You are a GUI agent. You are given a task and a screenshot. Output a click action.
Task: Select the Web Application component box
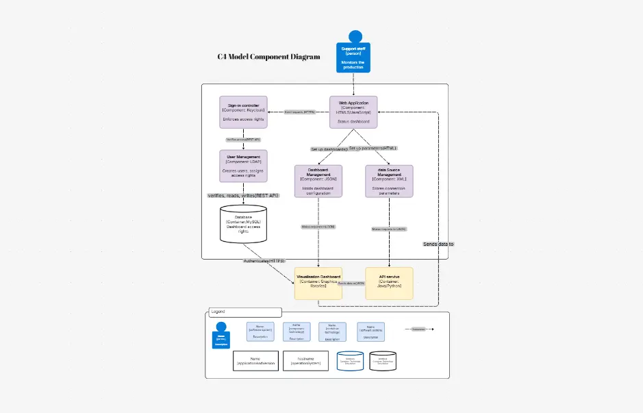coord(353,112)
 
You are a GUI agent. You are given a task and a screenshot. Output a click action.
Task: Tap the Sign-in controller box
coord(243,112)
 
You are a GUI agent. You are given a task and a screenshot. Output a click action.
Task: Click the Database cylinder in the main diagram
coord(243,225)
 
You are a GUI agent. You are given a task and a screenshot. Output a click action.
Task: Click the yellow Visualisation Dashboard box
coord(318,283)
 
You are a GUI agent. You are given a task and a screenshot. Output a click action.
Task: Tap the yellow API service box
coord(389,283)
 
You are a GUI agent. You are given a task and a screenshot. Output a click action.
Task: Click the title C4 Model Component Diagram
coord(268,58)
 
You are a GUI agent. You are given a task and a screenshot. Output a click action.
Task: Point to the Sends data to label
coord(438,244)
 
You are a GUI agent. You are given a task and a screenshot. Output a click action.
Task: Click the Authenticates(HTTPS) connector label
coord(264,261)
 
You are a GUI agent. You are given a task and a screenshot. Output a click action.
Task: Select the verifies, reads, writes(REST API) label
coord(243,195)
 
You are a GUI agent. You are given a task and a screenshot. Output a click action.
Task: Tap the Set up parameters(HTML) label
coord(373,148)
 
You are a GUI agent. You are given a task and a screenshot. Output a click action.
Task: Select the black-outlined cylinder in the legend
coord(383,361)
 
